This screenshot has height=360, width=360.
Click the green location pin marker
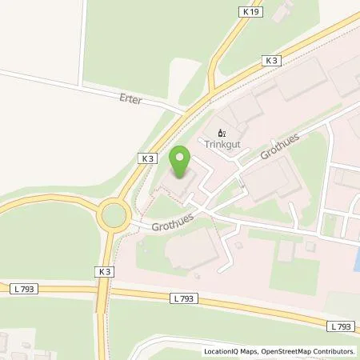click(x=182, y=162)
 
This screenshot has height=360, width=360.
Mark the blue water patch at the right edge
click(x=356, y=258)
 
